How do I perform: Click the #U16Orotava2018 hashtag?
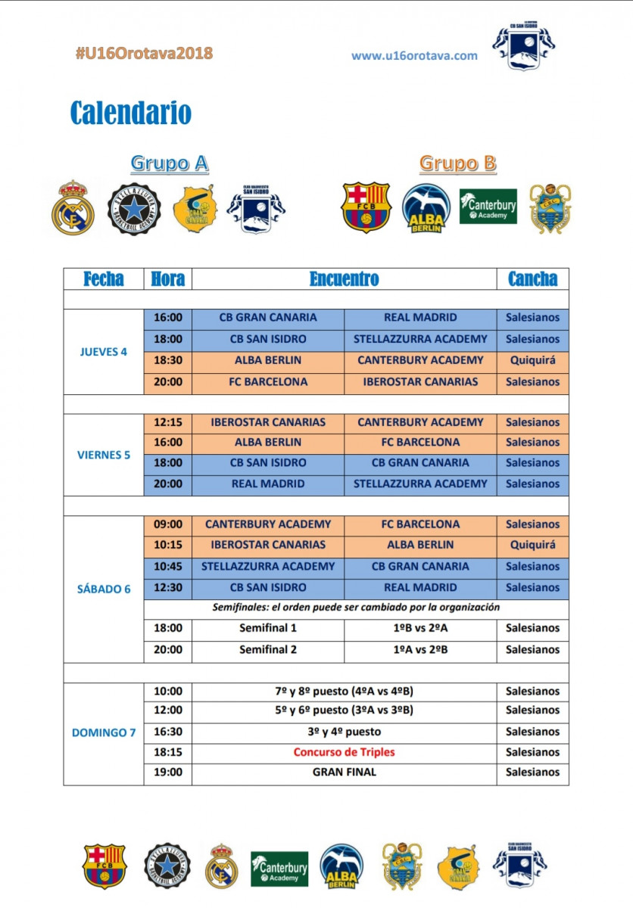point(144,53)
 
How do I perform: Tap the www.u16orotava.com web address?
point(414,55)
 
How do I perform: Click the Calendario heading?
point(130,113)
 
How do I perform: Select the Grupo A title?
point(170,163)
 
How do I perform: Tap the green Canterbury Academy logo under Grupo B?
point(488,206)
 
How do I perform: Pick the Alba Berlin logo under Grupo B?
point(426,207)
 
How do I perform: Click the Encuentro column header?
point(344,278)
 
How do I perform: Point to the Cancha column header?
point(532,278)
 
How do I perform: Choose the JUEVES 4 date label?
point(104,351)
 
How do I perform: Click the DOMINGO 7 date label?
point(104,732)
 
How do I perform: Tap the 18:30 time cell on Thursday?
point(167,360)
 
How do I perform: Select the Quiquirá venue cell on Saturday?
point(532,545)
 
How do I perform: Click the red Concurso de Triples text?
point(344,752)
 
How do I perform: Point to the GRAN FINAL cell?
point(344,773)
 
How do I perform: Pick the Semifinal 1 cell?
point(268,628)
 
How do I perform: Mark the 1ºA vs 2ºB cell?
point(419,649)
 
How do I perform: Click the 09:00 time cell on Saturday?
point(167,524)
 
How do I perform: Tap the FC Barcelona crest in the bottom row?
point(104,866)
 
